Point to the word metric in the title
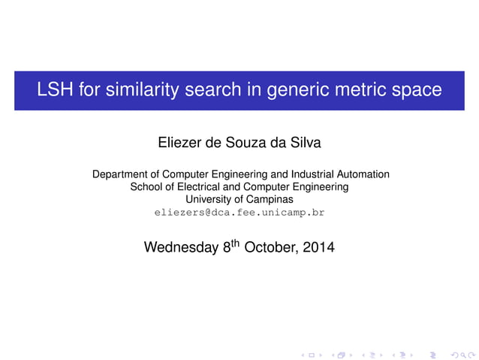(357, 90)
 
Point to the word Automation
(361, 174)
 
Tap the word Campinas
(268, 200)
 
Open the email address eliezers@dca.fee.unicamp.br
(239, 213)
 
